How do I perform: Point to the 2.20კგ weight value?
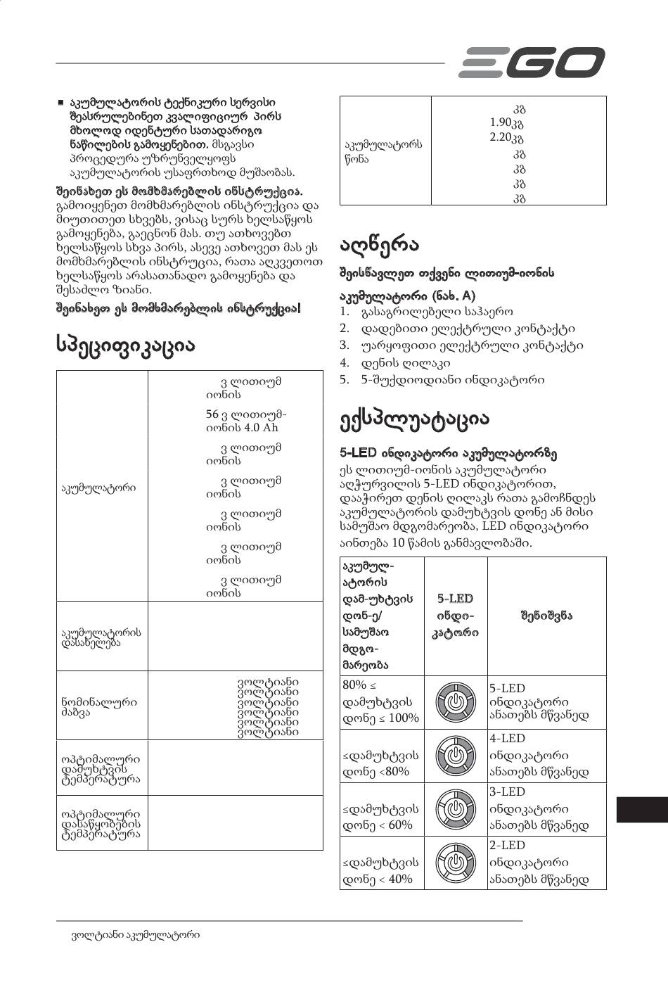tap(506, 138)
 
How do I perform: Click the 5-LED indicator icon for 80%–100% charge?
tap(456, 702)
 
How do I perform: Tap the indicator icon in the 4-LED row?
tap(456, 756)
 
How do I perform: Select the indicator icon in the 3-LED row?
tap(456, 809)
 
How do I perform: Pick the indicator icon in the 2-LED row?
tap(456, 863)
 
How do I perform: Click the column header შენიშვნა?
tap(546, 616)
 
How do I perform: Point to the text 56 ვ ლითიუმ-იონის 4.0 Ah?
tap(246, 421)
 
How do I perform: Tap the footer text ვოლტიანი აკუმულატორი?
tap(136, 935)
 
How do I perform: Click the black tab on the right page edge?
tap(641, 809)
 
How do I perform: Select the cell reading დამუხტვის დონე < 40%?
tap(381, 870)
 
